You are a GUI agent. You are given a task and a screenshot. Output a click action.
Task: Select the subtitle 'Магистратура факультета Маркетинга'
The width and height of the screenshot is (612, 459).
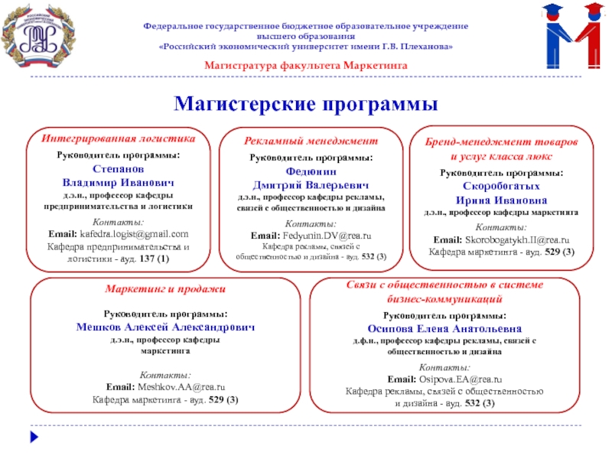coord(306,66)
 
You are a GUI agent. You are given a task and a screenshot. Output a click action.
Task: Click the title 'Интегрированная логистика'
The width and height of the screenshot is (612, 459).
coord(119,139)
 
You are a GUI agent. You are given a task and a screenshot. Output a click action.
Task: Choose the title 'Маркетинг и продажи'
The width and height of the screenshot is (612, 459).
coord(165,289)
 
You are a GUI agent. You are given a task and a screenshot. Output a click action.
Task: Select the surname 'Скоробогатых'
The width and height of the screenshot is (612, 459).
coord(501,186)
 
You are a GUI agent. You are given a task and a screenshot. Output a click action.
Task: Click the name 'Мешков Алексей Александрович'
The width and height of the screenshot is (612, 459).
coord(165,327)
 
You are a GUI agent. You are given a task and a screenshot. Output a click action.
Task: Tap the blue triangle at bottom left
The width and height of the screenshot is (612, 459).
coord(33,438)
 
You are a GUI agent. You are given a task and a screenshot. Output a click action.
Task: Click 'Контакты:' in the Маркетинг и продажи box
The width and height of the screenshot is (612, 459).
coord(165,375)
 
